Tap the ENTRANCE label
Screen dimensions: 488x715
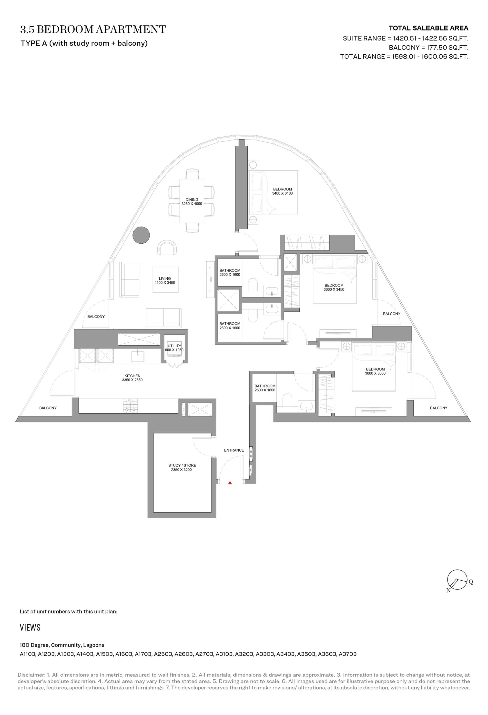234,450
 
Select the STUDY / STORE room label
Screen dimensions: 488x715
182,465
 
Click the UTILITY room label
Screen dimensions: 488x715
174,346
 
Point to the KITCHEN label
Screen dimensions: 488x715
132,376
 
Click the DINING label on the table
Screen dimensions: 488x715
192,199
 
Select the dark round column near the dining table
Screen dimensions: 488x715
141,235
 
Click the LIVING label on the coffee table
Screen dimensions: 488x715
165,278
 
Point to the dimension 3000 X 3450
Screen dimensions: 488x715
334,289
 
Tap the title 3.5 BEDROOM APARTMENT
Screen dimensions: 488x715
93,30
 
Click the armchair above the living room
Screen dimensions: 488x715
167,247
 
